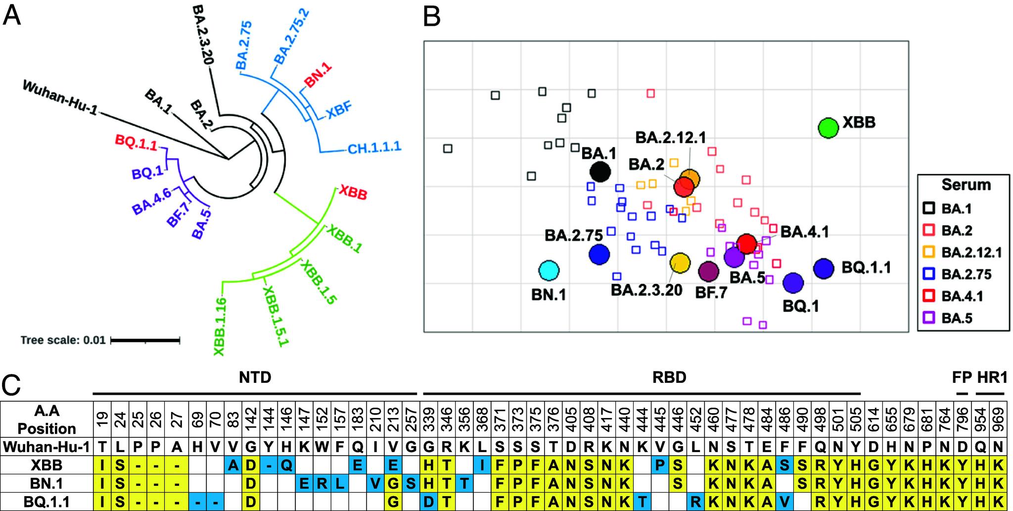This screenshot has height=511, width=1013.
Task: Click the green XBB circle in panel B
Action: [x=828, y=128]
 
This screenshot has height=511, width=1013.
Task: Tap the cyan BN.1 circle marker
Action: [x=549, y=271]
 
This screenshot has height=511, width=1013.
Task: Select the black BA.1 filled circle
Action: [x=600, y=172]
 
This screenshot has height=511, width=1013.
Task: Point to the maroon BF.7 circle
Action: [x=709, y=271]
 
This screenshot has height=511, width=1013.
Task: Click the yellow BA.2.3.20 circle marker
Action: [x=680, y=263]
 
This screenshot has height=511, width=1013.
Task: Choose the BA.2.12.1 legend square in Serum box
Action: [x=929, y=252]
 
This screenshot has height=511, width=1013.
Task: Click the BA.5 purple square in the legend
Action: [x=929, y=318]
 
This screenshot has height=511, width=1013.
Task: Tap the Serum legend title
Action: [x=966, y=185]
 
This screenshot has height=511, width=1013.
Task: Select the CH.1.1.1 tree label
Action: [x=374, y=147]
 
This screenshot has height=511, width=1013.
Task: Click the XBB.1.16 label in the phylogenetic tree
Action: [x=220, y=326]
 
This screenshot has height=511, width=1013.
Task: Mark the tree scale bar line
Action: [x=145, y=340]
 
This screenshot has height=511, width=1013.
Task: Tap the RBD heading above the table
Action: [x=669, y=377]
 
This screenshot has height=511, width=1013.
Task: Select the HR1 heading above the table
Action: [x=992, y=377]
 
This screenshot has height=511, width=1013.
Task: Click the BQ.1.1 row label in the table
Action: [x=47, y=502]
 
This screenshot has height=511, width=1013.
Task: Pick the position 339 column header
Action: [x=428, y=419]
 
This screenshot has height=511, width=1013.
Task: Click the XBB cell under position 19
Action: [x=102, y=465]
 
